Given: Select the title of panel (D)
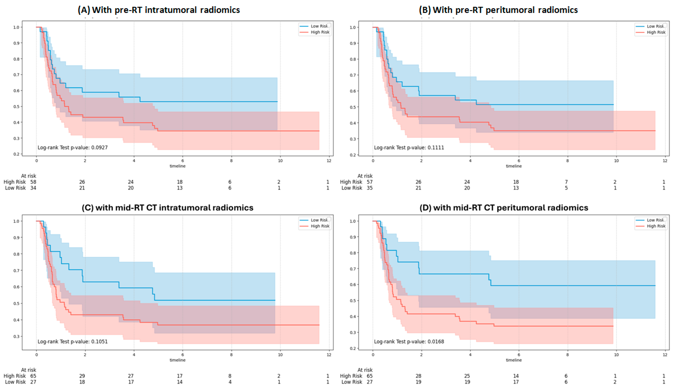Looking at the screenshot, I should click(x=504, y=208).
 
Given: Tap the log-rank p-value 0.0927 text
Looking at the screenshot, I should click(x=73, y=147).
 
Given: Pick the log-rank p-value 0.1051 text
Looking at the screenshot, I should click(x=73, y=342).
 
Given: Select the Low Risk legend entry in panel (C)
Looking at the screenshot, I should click(x=319, y=220).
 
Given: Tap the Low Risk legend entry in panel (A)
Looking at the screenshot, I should click(x=319, y=26).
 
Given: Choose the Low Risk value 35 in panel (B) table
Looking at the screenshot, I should click(x=369, y=188).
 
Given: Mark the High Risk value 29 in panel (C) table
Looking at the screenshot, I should click(x=82, y=376).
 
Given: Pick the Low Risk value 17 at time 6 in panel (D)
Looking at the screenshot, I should click(x=516, y=382).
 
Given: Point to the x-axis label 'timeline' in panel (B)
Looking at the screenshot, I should click(x=514, y=166).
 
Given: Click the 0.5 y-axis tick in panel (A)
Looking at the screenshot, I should click(x=16, y=106).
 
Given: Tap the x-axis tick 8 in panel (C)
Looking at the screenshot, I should click(x=231, y=355).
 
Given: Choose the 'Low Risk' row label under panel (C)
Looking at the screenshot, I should click(x=15, y=382).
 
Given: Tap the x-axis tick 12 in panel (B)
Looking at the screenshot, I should click(x=665, y=161).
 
